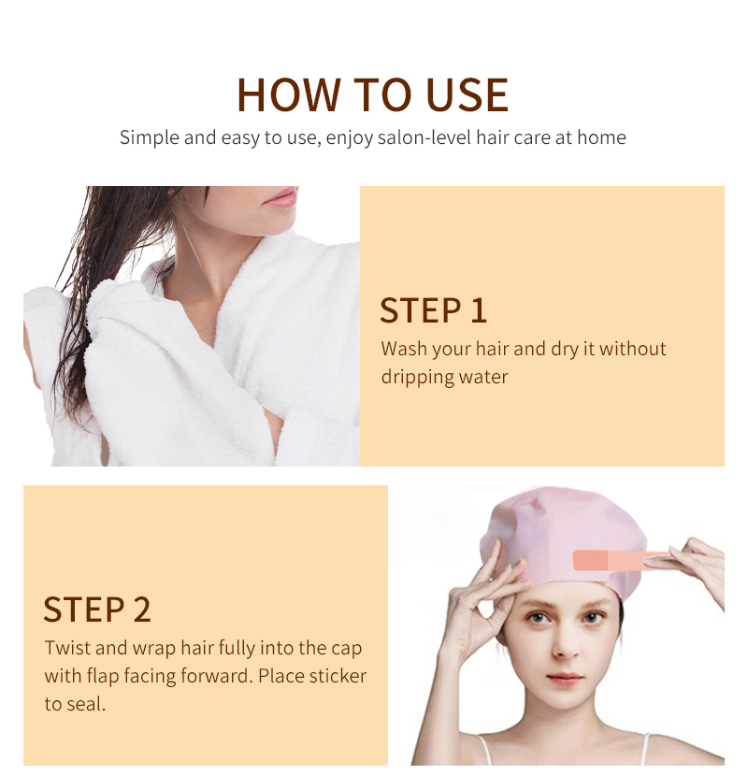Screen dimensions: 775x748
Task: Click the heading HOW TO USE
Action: click(x=372, y=94)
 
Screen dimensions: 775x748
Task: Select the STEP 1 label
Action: click(x=434, y=310)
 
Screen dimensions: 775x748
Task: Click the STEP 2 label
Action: click(x=97, y=609)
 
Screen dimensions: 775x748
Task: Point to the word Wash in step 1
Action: click(x=404, y=349)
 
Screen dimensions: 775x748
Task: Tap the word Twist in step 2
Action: click(x=66, y=648)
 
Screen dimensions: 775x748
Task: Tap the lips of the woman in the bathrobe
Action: click(x=280, y=197)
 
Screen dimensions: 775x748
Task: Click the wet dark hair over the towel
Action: click(x=89, y=280)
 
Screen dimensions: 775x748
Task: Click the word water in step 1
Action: click(x=483, y=378)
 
